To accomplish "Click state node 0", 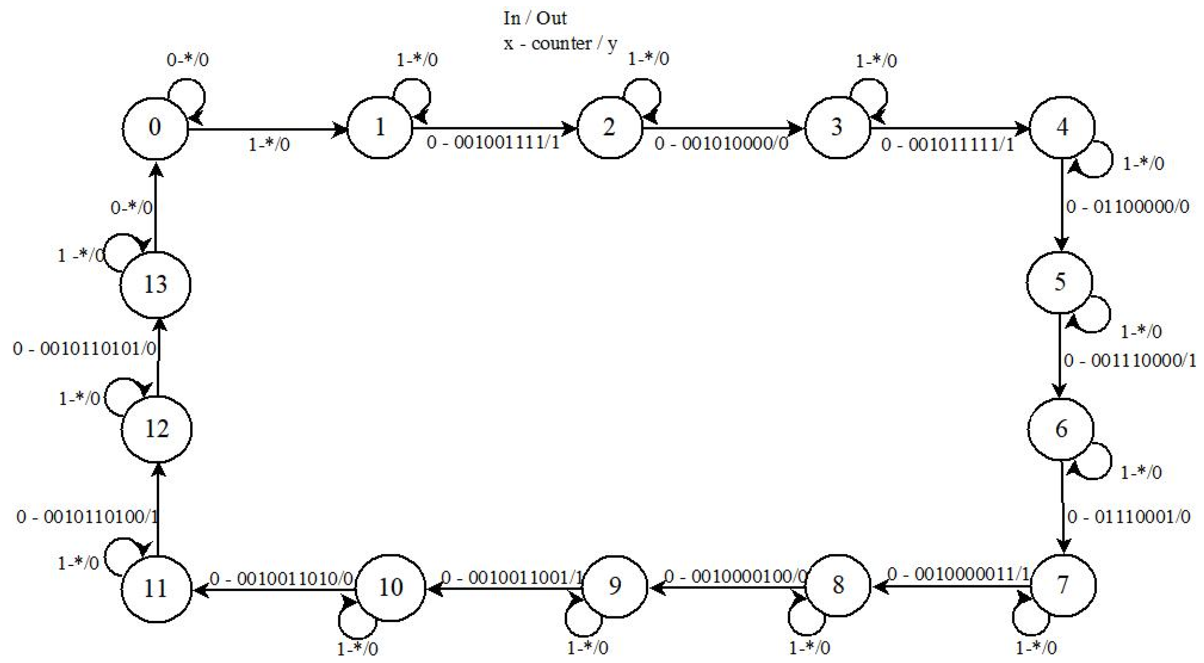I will [155, 127].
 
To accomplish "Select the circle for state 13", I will [155, 284].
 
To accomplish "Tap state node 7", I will [1063, 585].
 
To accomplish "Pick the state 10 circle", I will [390, 587].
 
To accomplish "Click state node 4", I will [1062, 127].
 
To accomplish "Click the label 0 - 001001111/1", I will [493, 143].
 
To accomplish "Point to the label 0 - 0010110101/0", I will [85, 348].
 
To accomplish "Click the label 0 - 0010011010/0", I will [281, 579].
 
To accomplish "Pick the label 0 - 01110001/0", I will [1129, 516].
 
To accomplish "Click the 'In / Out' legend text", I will [535, 18].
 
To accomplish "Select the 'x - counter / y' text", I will [560, 43].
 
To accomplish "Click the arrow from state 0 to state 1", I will [266, 129].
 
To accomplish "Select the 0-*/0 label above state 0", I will [187, 60].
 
